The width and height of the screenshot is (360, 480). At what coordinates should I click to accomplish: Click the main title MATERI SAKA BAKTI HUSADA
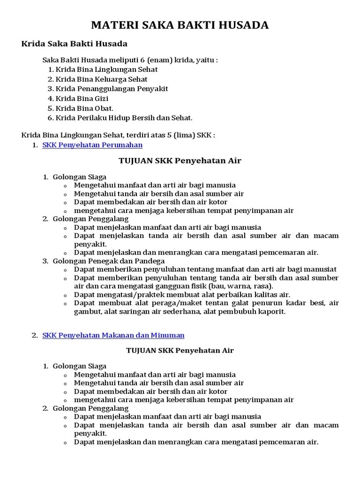[x=180, y=25]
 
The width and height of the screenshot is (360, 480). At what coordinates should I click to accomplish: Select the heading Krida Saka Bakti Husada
[x=75, y=44]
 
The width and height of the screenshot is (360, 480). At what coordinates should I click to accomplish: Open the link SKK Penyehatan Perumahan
[x=92, y=145]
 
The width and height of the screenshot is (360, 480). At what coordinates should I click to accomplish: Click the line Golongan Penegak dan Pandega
[x=108, y=261]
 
